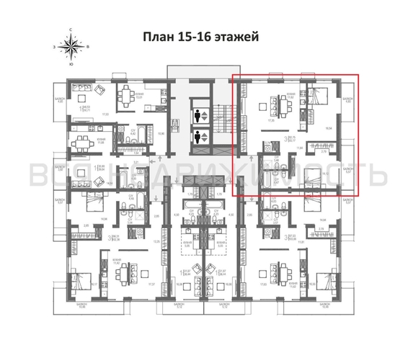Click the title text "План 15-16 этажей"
pyautogui.click(x=204, y=36)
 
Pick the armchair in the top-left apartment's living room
pyautogui.click(x=102, y=90)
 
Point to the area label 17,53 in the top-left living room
pyautogui.click(x=105, y=113)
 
